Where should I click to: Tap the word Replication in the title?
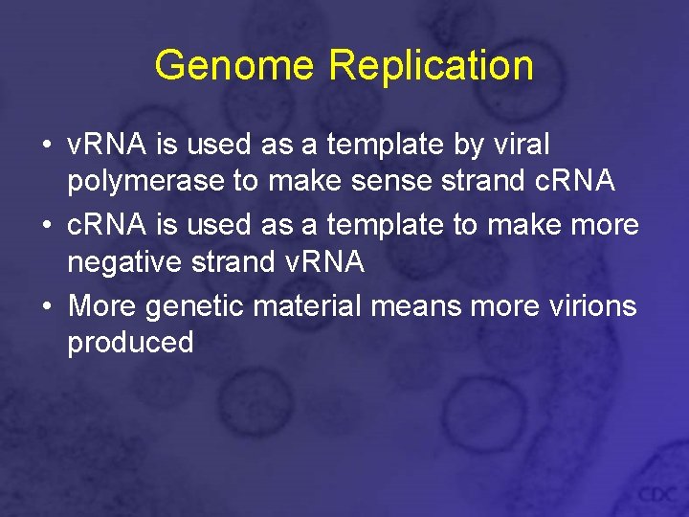[431, 65]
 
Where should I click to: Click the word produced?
[130, 343]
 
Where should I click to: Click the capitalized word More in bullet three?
[101, 305]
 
